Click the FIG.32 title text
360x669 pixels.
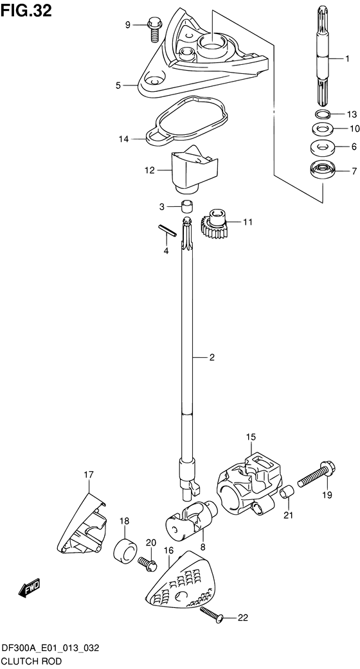tap(26, 10)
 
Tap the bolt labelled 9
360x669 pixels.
tap(154, 28)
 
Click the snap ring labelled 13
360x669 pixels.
tap(323, 114)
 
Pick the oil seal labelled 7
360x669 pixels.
tap(322, 172)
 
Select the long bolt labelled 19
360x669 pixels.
tap(316, 475)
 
